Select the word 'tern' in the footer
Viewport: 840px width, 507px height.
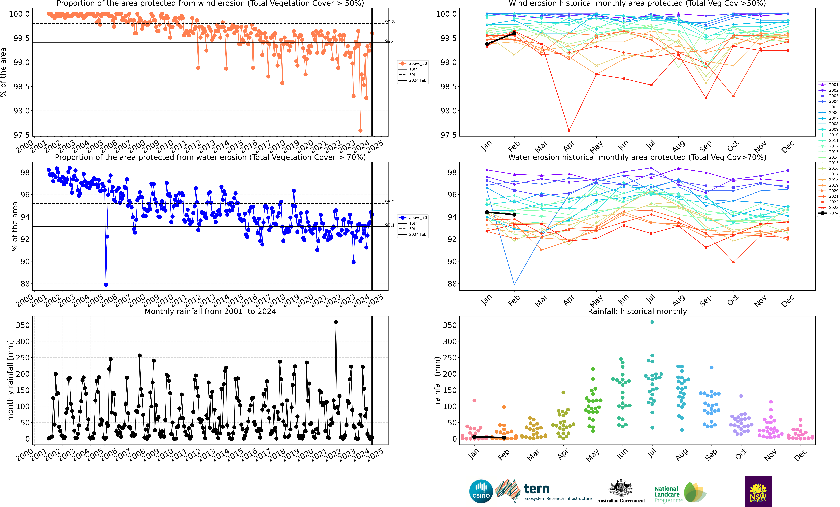(537, 489)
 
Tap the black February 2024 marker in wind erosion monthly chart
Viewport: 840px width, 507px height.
(514, 33)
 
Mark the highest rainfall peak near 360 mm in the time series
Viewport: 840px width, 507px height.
(336, 322)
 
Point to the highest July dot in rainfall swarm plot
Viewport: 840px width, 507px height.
(652, 322)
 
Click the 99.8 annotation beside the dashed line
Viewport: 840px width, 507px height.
(390, 22)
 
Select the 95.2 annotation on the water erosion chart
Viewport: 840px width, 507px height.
(390, 202)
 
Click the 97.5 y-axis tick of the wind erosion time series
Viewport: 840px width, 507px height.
(21, 135)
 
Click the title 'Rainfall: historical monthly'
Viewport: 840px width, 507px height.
(637, 311)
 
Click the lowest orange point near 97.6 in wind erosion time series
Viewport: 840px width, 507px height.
(360, 131)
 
